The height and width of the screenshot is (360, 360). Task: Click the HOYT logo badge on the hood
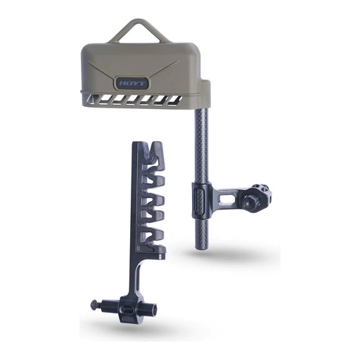(x=131, y=83)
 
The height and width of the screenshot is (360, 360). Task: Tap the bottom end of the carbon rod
(x=202, y=247)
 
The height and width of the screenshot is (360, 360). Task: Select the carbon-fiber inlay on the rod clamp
(x=200, y=202)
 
